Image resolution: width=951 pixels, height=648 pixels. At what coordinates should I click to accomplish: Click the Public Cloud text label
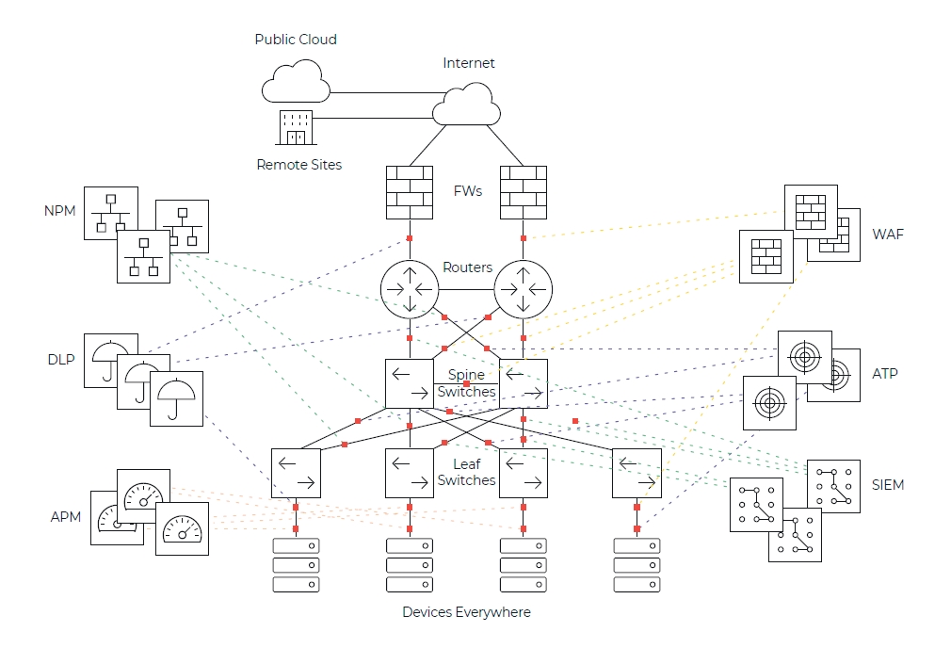click(296, 40)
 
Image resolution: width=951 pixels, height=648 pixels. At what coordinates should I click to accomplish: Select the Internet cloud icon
click(465, 104)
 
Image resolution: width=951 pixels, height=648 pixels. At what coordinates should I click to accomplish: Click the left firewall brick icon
click(410, 192)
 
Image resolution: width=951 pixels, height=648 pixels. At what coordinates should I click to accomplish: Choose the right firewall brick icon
click(524, 192)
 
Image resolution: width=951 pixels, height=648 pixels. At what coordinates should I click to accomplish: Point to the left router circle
click(410, 289)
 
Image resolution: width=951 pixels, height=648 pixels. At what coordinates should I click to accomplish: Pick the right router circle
click(524, 289)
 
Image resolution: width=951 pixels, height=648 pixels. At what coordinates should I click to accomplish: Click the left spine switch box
click(410, 383)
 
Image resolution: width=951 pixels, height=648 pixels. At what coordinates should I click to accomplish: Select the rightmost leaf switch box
click(637, 473)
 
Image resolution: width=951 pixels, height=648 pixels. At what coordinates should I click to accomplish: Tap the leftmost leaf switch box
click(296, 473)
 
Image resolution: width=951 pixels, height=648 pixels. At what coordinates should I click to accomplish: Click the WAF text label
click(888, 234)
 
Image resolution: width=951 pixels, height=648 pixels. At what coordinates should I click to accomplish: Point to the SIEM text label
click(887, 485)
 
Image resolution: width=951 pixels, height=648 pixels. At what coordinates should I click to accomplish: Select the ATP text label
click(885, 374)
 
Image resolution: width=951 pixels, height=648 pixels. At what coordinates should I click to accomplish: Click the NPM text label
click(59, 211)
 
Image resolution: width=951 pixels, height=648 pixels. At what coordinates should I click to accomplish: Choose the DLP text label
click(60, 360)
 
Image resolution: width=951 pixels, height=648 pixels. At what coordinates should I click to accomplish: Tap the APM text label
click(66, 517)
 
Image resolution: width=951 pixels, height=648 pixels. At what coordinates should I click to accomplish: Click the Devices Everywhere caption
click(466, 612)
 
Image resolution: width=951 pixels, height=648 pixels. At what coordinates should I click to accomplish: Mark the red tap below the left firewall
click(410, 237)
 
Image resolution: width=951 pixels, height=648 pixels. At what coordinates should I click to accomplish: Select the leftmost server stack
click(296, 565)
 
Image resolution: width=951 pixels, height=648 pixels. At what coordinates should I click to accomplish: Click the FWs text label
click(467, 191)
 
